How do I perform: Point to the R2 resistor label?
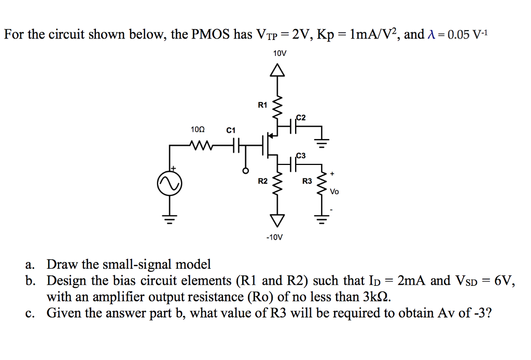pos(262,181)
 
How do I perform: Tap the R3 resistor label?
pos(307,181)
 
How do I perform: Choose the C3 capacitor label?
pos(301,155)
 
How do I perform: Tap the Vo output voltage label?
pos(334,191)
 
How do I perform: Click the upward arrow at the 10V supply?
pos(279,70)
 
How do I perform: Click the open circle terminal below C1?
pos(246,170)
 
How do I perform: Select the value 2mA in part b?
pos(412,281)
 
